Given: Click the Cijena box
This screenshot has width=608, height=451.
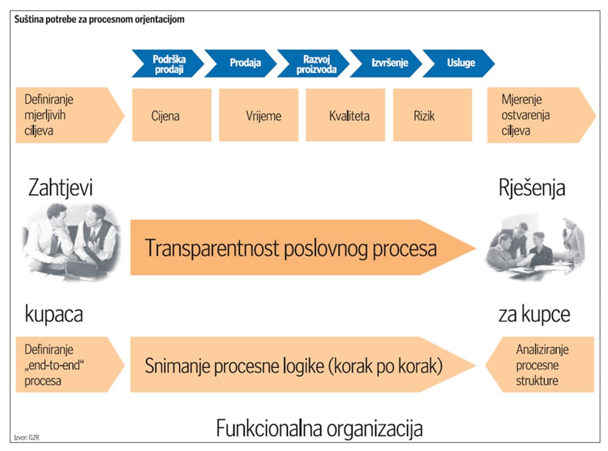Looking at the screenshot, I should (x=172, y=115).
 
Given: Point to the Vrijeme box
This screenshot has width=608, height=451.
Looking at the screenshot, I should (x=259, y=115).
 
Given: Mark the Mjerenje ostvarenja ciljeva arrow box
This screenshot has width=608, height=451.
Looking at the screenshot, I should (x=536, y=115).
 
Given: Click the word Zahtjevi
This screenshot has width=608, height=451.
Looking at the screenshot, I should (x=61, y=188).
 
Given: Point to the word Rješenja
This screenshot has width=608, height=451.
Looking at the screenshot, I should (x=532, y=188).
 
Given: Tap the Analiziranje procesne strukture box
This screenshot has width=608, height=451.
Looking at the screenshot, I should (x=542, y=365).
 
